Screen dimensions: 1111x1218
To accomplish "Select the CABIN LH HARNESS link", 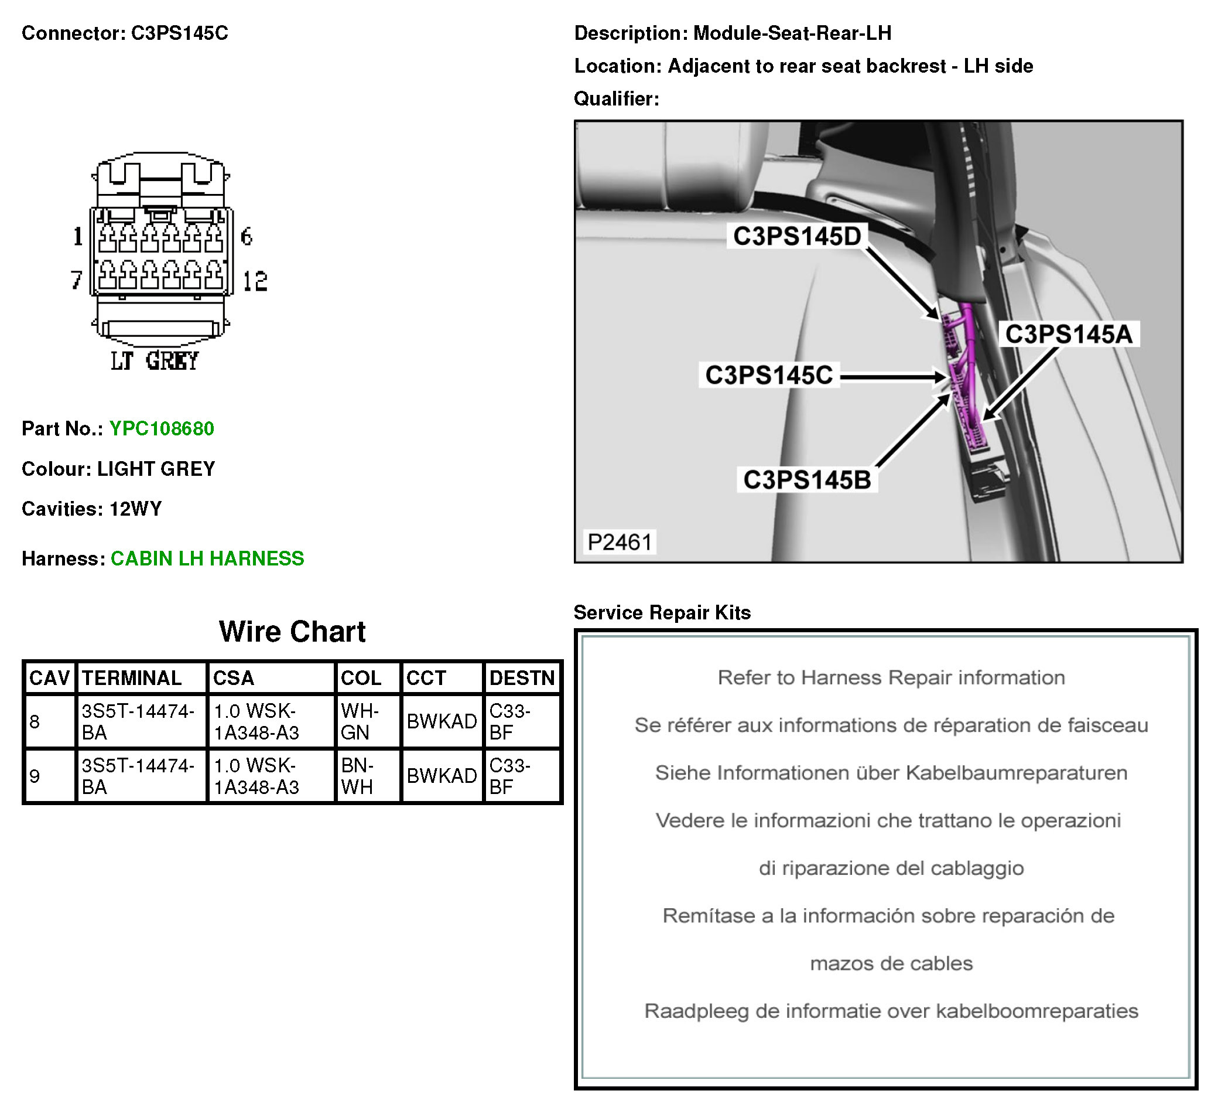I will point(207,558).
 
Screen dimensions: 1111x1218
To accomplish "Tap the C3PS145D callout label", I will point(797,236).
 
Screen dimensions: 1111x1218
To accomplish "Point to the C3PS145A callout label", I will point(1069,334).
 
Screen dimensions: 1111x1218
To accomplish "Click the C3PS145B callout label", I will point(807,480).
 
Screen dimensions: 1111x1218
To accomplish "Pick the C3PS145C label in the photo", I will point(769,376).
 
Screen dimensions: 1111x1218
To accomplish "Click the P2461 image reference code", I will point(620,542).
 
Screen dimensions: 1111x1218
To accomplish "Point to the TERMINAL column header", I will point(132,678).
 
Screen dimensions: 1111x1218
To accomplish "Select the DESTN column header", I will point(522,678).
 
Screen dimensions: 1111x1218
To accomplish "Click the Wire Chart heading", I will point(292,632).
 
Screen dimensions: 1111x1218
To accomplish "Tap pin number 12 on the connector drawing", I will point(255,282).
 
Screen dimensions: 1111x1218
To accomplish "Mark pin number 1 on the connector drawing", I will point(78,236).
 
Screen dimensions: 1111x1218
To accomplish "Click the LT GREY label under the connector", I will point(155,361).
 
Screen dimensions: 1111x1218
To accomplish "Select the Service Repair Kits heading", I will point(662,613).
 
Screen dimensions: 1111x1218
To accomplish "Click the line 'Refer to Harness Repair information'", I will point(891,677).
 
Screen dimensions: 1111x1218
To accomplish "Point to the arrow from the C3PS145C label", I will point(893,378).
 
